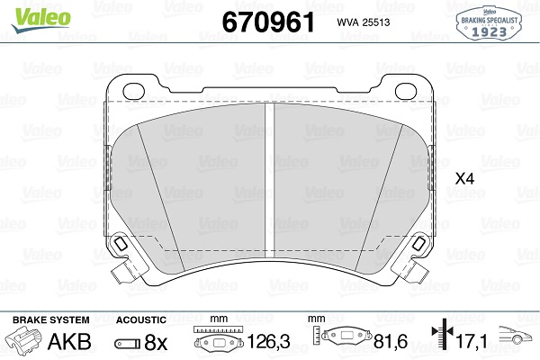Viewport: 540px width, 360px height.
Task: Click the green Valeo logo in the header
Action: point(40,19)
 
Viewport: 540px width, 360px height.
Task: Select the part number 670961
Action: point(268,22)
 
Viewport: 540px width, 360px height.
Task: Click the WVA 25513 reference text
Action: point(364,22)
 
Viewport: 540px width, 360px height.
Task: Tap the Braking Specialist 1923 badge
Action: point(489,23)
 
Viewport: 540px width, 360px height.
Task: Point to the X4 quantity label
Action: point(464,179)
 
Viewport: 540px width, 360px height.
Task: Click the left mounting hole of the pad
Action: point(133,91)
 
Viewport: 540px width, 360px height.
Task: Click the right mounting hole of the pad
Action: point(406,91)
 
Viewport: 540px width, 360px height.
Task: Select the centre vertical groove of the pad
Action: point(270,181)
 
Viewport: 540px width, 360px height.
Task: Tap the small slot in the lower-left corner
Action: point(121,244)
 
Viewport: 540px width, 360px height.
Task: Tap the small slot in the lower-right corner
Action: point(419,244)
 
